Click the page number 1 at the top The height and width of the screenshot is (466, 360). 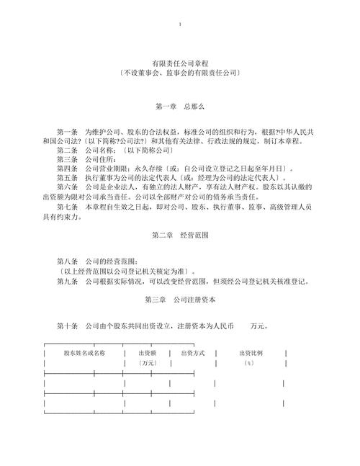pyautogui.click(x=179, y=25)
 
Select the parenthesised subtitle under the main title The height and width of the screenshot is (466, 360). pyautogui.click(x=179, y=73)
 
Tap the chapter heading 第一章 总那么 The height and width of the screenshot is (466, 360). pyautogui.click(x=179, y=107)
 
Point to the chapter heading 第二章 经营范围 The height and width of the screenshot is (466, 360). pyautogui.click(x=179, y=236)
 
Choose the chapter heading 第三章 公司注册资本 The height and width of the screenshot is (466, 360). pyautogui.click(x=179, y=299)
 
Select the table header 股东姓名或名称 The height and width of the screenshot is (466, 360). pyautogui.click(x=84, y=353)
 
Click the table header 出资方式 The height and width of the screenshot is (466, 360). pyautogui.click(x=193, y=353)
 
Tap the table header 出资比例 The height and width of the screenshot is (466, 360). pyautogui.click(x=251, y=353)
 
